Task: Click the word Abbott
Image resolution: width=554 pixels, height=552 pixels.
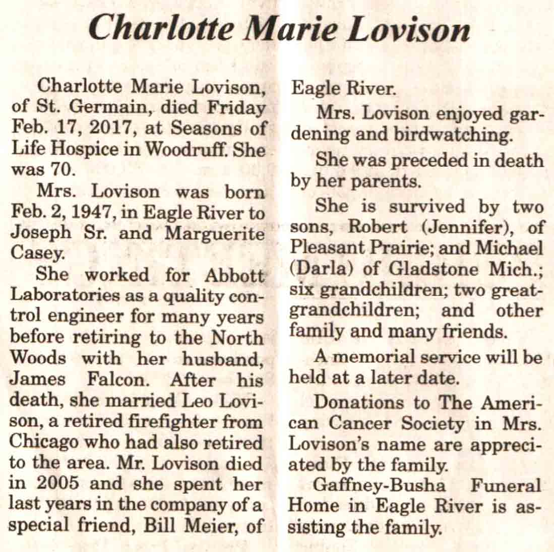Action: pyautogui.click(x=234, y=275)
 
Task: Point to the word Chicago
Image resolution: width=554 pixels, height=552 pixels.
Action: pyautogui.click(x=45, y=442)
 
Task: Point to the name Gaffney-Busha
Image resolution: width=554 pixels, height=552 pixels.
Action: pyautogui.click(x=379, y=485)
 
